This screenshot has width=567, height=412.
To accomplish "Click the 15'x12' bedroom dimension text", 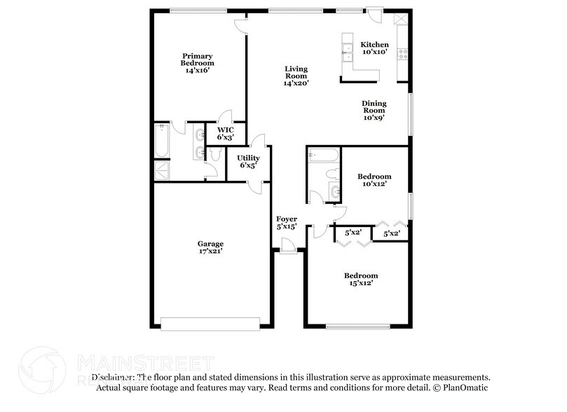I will (x=360, y=283).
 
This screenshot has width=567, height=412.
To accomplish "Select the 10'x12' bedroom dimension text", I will (x=374, y=184).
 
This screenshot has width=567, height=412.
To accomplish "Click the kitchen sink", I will (x=346, y=49).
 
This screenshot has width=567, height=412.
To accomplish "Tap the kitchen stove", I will (x=402, y=50).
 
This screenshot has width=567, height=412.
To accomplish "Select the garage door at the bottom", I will (x=210, y=324).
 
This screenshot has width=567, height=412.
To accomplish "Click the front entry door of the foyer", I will (x=286, y=245).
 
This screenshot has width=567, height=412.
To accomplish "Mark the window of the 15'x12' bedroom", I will (x=357, y=326).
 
